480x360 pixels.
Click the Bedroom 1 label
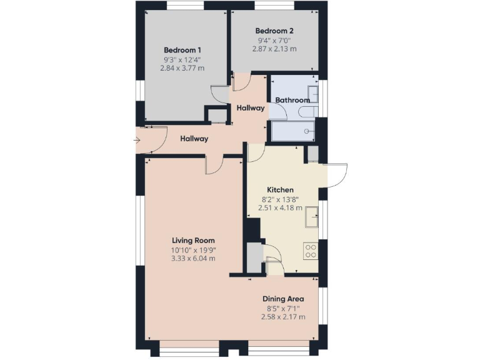tap(184, 50)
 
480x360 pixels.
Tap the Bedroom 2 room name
tap(274, 31)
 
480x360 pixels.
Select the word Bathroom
tap(292, 100)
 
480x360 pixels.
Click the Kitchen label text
tap(280, 190)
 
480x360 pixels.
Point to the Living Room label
tap(194, 240)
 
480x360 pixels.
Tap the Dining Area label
tap(283, 299)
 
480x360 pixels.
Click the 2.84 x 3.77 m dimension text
tap(184, 68)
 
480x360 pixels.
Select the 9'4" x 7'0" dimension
tap(274, 40)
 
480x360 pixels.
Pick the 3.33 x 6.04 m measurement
tap(194, 258)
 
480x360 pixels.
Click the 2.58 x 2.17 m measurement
tap(283, 317)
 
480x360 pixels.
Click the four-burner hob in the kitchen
tap(311, 250)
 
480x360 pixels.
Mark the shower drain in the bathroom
tap(306, 131)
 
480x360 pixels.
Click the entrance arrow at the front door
tap(137, 141)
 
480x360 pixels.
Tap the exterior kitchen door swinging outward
tap(336, 175)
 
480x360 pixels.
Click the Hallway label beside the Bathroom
tap(250, 108)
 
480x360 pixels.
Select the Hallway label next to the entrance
tap(194, 139)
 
